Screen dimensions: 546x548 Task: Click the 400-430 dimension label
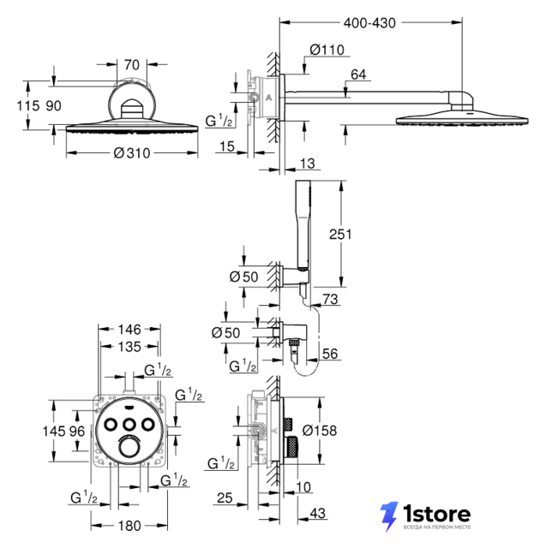click(369, 23)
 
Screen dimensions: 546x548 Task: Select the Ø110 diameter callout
click(327, 50)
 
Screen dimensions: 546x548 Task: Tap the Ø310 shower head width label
click(132, 153)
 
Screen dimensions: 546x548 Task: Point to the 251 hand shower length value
click(340, 234)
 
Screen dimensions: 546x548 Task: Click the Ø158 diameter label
click(320, 431)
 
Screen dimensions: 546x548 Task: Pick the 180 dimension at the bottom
click(129, 526)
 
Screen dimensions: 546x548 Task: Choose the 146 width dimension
click(129, 329)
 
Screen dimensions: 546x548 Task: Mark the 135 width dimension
click(129, 347)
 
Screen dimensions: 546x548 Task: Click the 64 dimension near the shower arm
click(358, 74)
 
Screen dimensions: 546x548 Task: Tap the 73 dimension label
click(330, 299)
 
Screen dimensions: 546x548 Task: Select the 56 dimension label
click(330, 354)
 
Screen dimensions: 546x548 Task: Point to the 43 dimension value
click(318, 513)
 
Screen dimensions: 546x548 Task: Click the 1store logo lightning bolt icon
click(389, 516)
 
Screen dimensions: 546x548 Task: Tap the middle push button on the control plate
click(129, 425)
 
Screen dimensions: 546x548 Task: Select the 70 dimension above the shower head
click(131, 65)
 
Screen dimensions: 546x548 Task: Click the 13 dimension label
click(307, 164)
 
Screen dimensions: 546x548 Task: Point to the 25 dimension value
click(225, 497)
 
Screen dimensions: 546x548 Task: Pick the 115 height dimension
click(28, 105)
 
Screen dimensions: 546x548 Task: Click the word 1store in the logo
click(436, 514)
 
